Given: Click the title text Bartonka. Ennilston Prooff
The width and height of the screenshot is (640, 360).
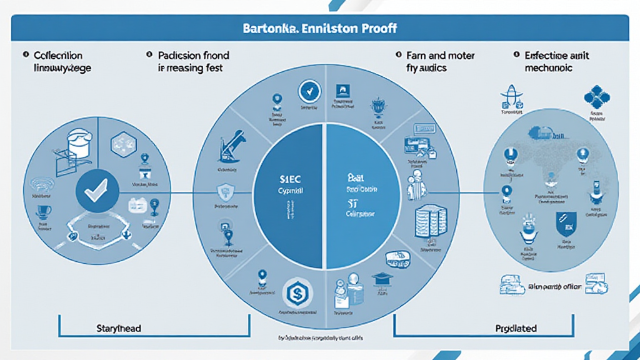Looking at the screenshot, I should (320, 29).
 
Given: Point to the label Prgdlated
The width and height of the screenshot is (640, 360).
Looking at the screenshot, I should (516, 328).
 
